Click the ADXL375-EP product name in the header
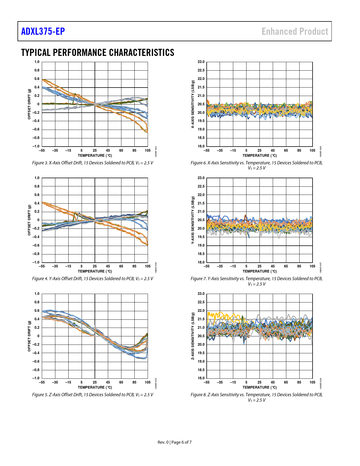coord(43,31)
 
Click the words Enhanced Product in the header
coord(295,31)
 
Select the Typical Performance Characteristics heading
coord(98,53)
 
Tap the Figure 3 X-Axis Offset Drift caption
coord(93,163)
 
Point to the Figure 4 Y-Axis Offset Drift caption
coord(93,279)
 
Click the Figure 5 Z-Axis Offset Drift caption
coord(93,395)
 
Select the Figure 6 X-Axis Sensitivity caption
coord(256,165)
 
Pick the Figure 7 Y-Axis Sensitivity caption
coord(256,281)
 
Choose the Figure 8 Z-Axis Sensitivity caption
coord(256,397)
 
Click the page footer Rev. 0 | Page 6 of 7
coord(174,442)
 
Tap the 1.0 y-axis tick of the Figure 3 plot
coord(37,62)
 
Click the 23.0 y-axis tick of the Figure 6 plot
coord(201,62)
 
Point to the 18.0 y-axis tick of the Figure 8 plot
coord(201,378)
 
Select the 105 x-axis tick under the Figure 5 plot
coord(147,382)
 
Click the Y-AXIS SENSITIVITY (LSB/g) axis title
coord(193,220)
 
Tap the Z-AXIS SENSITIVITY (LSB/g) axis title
coord(193,336)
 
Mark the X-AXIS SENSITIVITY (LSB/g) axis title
coord(193,104)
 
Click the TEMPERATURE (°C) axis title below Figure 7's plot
coord(259,271)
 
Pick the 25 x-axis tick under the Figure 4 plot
coord(95,266)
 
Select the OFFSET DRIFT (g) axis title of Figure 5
coord(29,336)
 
